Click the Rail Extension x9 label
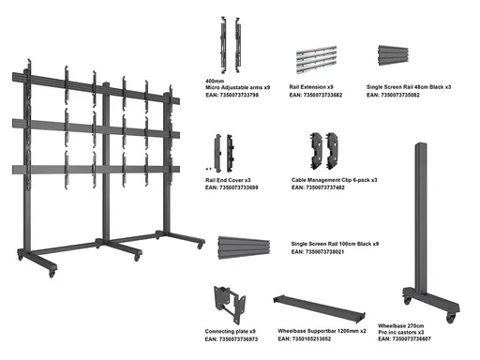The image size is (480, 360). click(x=311, y=87)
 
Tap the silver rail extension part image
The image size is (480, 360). click(x=316, y=60)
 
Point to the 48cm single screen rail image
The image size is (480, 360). click(x=393, y=55)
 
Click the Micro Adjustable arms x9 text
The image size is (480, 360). click(x=237, y=87)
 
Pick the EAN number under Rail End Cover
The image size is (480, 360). click(x=232, y=187)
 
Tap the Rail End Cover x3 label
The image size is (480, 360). click(x=228, y=180)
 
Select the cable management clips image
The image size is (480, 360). click(x=324, y=150)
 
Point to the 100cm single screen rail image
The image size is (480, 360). click(x=244, y=247)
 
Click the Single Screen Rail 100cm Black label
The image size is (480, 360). click(x=335, y=244)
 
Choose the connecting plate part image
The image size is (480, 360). click(x=230, y=304)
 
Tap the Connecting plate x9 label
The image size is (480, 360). click(x=231, y=331)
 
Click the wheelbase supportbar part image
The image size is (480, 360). click(x=319, y=308)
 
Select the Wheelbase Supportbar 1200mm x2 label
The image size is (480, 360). click(x=322, y=331)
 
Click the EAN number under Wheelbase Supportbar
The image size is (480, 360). click(x=305, y=338)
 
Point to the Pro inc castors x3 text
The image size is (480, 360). click(x=401, y=332)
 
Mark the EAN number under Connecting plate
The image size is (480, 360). click(x=232, y=339)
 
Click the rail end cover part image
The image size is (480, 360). click(x=224, y=153)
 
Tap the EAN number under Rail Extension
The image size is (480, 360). click(x=316, y=95)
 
